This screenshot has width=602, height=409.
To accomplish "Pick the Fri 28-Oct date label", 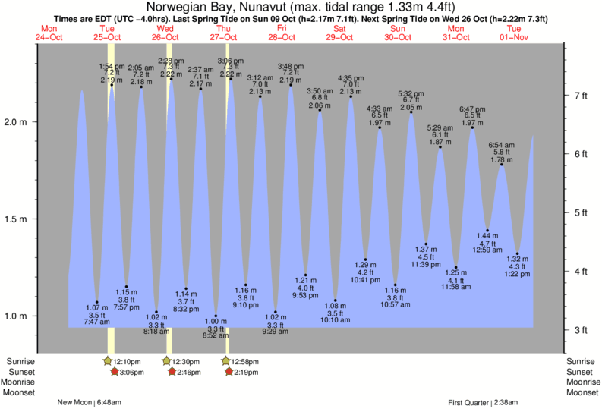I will (282, 33).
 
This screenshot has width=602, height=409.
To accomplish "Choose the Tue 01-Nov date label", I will (513, 33).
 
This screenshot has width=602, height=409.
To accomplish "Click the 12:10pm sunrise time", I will (128, 361).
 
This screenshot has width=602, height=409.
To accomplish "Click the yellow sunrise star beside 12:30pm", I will (167, 361).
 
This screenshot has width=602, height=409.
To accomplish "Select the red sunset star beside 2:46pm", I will (174, 372).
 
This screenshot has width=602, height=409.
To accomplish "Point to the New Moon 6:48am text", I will (89, 402).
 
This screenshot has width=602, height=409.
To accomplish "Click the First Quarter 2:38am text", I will (484, 402).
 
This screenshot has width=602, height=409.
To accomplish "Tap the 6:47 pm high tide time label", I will (471, 109).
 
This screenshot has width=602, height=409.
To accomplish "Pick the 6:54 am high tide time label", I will (501, 145).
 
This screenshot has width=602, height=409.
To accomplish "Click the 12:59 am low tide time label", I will (487, 250).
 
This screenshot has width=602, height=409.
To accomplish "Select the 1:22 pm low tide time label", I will (517, 274).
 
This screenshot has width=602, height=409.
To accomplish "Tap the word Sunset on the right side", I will (581, 372).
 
